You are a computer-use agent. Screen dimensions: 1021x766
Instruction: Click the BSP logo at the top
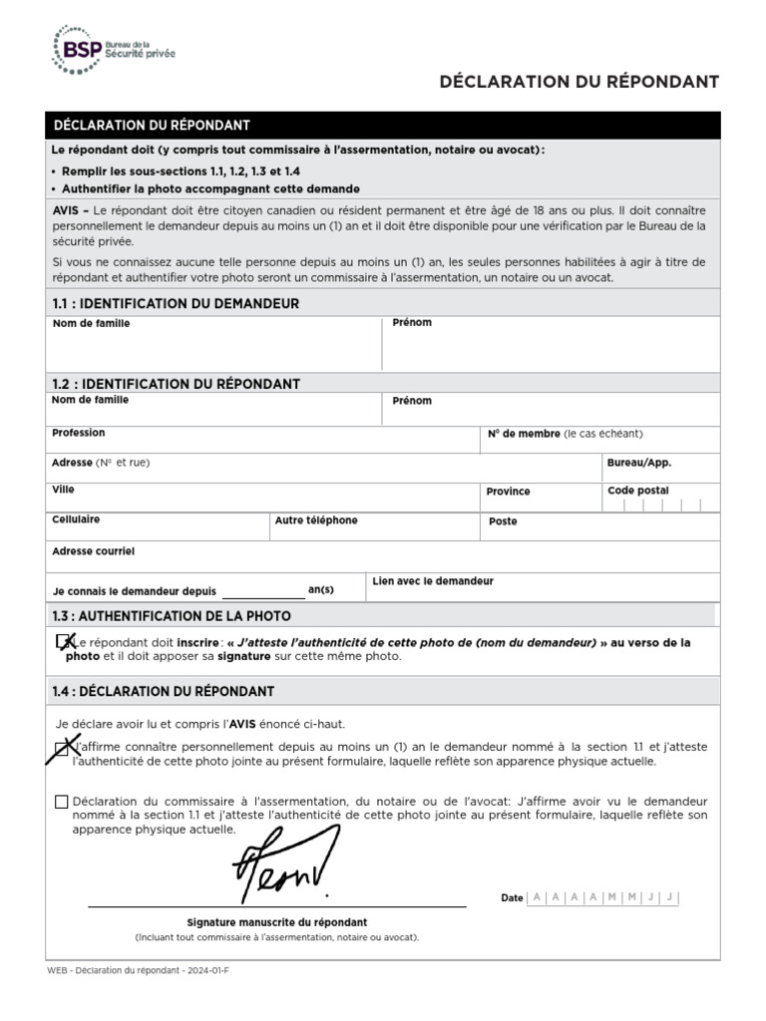point(113,50)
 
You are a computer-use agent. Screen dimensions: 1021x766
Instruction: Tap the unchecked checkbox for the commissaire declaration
point(62,802)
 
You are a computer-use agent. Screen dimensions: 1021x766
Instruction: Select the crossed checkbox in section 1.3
point(64,642)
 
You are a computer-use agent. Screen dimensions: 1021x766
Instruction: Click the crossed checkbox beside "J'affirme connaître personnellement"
point(62,747)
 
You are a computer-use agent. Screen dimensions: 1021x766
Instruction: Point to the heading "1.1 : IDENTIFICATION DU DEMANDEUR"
point(175,303)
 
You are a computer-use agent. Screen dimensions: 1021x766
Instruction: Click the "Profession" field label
point(78,433)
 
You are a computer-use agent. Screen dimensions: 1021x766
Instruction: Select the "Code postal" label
point(637,491)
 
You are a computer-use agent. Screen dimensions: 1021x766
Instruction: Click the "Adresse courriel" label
point(93,550)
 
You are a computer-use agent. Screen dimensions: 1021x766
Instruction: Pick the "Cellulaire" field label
point(76,519)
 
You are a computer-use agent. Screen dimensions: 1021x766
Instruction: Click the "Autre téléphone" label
point(316,520)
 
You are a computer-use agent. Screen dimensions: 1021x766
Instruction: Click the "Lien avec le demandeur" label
point(432,580)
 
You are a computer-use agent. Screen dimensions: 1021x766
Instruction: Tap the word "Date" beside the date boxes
point(512,898)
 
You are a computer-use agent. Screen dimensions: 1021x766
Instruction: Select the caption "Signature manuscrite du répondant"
point(277,922)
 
